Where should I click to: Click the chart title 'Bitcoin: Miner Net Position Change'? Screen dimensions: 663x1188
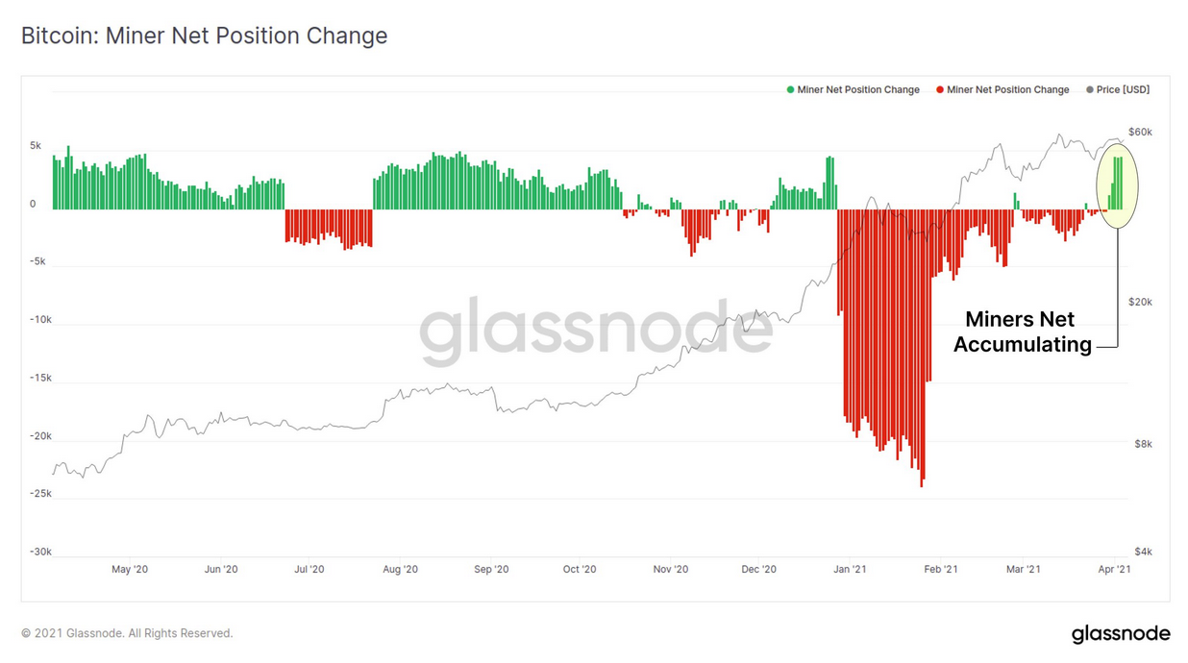204,37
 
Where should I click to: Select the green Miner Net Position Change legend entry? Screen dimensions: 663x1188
854,89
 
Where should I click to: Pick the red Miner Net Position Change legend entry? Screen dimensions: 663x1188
1003,89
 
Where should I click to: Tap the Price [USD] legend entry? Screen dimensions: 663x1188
1118,89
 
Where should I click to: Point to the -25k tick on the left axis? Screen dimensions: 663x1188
39,494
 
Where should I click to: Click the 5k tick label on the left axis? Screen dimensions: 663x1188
36,146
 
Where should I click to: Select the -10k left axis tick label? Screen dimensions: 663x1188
39,320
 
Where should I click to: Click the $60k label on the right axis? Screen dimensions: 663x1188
1140,132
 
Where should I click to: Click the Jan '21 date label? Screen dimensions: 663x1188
850,570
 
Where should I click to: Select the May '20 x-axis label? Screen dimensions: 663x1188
130,570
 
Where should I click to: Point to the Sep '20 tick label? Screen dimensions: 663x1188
491,570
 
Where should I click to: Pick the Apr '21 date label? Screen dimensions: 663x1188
1113,570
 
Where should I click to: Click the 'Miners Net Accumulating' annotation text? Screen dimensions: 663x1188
1021,331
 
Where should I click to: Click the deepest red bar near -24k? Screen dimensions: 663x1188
922,480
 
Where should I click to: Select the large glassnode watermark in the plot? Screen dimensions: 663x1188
596,331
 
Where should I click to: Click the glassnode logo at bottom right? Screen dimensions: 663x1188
1121,633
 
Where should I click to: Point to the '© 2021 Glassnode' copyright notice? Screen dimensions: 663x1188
127,633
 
